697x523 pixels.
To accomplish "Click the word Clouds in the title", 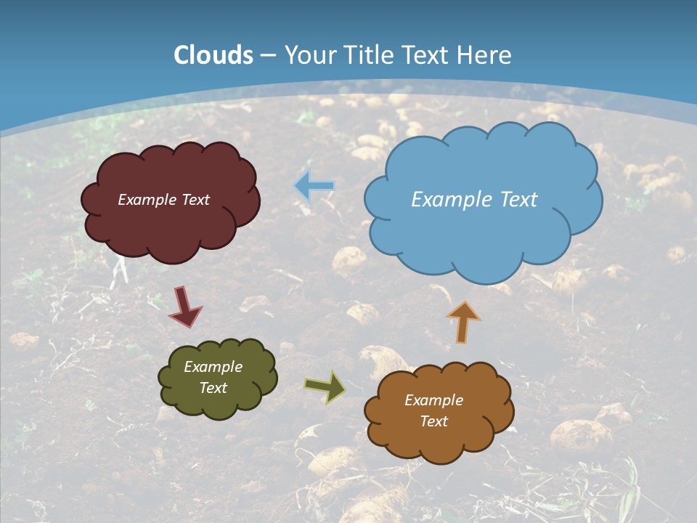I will click(x=213, y=55).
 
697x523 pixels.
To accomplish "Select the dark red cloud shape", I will click(x=171, y=229).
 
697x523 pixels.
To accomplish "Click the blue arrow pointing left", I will click(x=314, y=186).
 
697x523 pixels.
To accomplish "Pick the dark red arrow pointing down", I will click(x=184, y=306).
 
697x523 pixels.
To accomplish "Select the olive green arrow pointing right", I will click(x=325, y=387).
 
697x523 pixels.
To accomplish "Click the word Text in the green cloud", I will click(x=213, y=388).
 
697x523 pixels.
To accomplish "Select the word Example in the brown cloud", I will click(x=433, y=400).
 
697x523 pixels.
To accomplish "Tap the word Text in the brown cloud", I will click(x=433, y=421).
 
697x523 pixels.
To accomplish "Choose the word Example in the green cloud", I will click(x=213, y=367).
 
